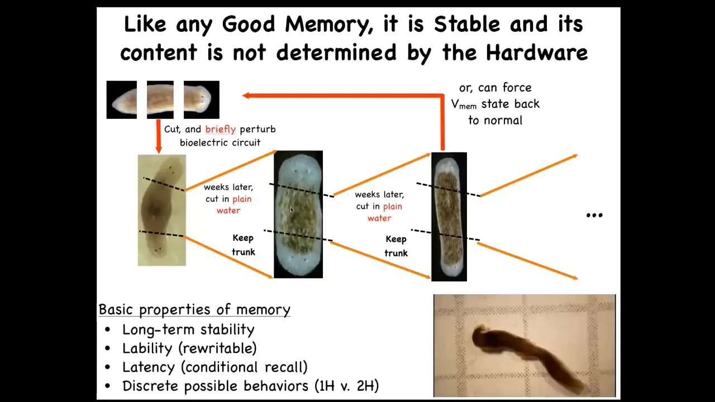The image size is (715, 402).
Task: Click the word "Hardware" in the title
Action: pos(537,52)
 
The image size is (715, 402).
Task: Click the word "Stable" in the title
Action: pos(467,24)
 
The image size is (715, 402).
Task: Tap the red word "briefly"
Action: pos(220,130)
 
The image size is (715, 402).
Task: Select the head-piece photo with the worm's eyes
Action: pos(202,100)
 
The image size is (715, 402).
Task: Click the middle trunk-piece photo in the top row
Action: pos(160,100)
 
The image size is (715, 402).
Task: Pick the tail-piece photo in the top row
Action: pos(122,100)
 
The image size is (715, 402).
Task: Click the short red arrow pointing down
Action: pos(159,137)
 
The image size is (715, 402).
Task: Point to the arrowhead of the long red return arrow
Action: pos(246,95)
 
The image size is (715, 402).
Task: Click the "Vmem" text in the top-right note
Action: pos(464,104)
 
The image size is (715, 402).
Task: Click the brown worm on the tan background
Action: pos(162,210)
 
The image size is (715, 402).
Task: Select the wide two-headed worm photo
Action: pos(298,214)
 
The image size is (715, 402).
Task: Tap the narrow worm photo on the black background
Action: pos(449,217)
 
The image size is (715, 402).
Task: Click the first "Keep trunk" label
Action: pos(243,245)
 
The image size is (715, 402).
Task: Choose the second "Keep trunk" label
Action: pos(396,246)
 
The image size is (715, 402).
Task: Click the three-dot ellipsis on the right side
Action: pos(594,216)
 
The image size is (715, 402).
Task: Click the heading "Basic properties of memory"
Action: pos(194,309)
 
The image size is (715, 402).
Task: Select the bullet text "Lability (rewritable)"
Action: pos(189,348)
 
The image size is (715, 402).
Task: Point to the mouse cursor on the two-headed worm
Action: pos(292,210)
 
